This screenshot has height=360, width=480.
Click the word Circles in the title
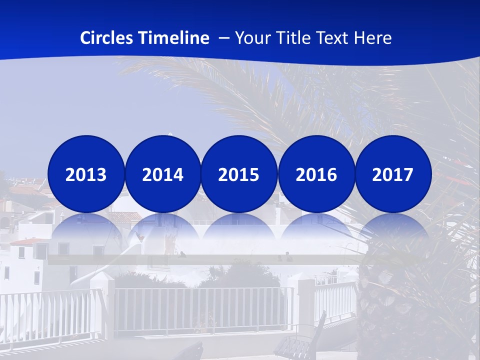pyautogui.click(x=107, y=38)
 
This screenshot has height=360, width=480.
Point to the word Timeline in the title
pyautogui.click(x=174, y=38)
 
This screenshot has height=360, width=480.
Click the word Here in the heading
pyautogui.click(x=373, y=38)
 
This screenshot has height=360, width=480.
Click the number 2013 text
pyautogui.click(x=86, y=174)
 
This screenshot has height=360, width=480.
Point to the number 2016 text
pyautogui.click(x=316, y=174)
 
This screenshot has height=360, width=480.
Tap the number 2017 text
pyautogui.click(x=393, y=174)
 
